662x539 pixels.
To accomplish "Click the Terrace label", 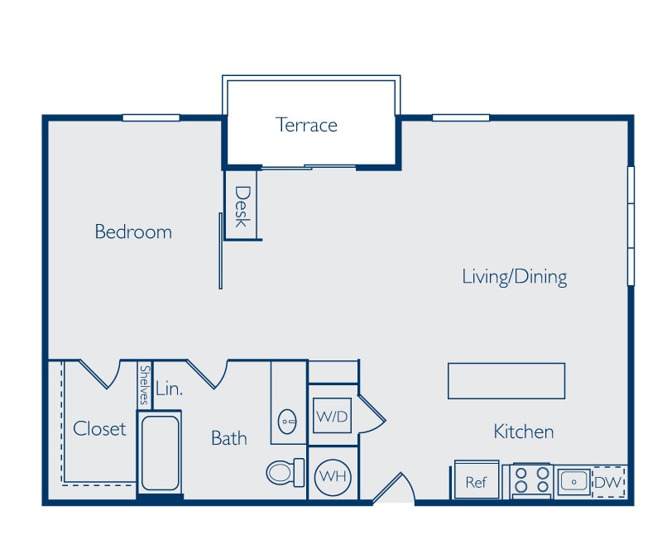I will (306, 125).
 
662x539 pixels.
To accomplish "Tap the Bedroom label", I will (133, 231).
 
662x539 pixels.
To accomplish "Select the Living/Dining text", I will (514, 276).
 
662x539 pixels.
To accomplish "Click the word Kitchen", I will (523, 432).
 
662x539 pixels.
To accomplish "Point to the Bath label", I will (228, 438).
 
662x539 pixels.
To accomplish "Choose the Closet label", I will (99, 428).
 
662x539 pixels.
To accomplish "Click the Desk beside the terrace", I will (242, 206).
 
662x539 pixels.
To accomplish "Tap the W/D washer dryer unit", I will (332, 416).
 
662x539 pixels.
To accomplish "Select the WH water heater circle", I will (332, 475).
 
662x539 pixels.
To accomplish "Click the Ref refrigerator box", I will (477, 482).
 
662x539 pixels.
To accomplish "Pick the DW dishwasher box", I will (608, 481).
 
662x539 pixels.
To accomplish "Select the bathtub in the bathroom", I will (160, 453).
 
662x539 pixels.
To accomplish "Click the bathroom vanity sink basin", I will (287, 421).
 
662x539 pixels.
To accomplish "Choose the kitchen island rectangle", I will (506, 381).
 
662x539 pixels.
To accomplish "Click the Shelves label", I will (145, 384).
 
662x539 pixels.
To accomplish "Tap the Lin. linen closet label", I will (169, 388).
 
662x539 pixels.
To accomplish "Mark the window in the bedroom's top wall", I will (151, 117).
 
